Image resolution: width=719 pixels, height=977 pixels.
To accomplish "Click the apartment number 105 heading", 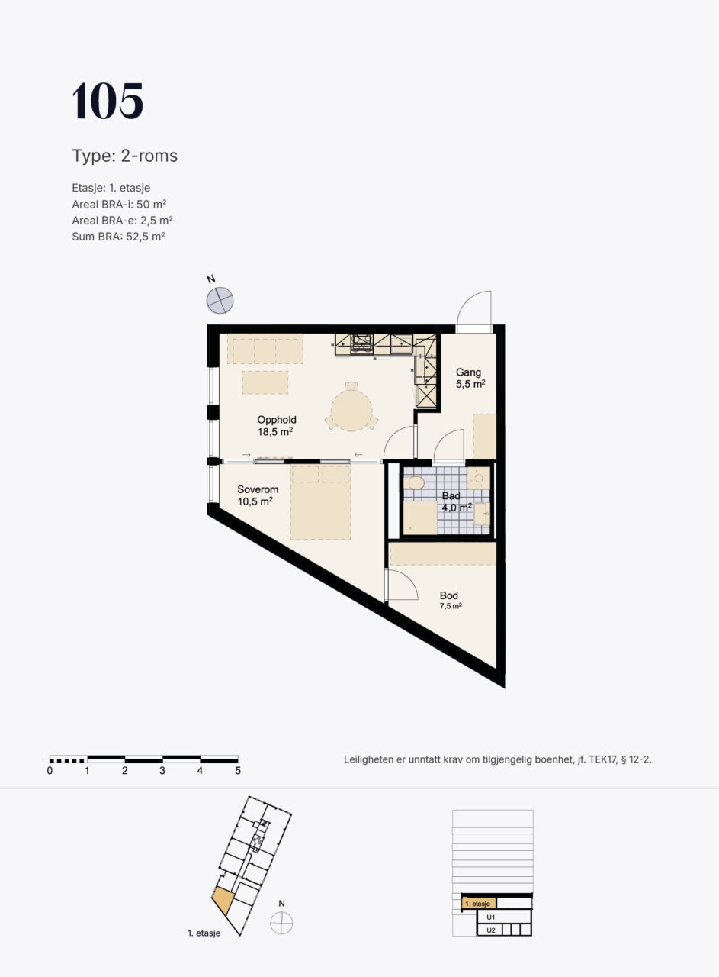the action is coord(108,101).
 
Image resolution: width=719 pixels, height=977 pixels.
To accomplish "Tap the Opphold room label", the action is coord(277,420).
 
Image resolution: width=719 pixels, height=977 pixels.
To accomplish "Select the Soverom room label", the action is coord(258,489).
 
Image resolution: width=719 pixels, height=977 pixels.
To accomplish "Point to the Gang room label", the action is coord(468,372).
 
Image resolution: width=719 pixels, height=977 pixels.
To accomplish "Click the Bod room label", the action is coord(449,595).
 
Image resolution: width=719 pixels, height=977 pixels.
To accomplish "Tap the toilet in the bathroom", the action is coord(413,483).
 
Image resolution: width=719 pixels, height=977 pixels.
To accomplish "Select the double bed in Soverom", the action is coord(320,502).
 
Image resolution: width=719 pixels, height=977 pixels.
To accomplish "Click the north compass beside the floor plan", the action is coord(220,301).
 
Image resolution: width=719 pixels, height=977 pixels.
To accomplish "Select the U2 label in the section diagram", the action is coord(491,930).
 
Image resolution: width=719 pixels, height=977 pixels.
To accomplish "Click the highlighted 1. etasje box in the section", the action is coord(479,903).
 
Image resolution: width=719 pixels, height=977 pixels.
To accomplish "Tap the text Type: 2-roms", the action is coord(124,156).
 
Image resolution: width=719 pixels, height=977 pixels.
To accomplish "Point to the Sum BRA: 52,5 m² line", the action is coord(118,237).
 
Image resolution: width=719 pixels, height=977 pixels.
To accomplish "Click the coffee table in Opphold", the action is coord(265,382).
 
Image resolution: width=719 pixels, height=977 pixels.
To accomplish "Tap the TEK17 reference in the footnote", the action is coord(603,759).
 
